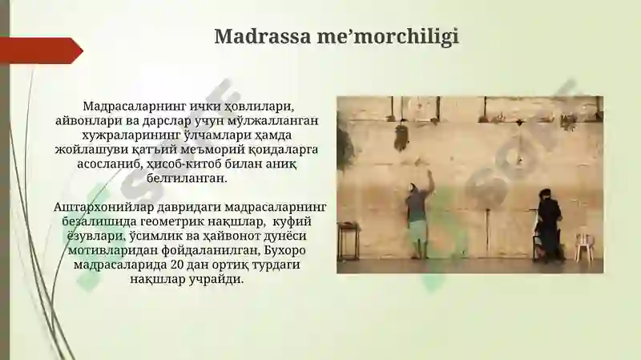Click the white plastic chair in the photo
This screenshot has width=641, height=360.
584,246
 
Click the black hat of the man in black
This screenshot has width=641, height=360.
546,194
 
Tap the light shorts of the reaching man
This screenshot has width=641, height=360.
417,229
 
